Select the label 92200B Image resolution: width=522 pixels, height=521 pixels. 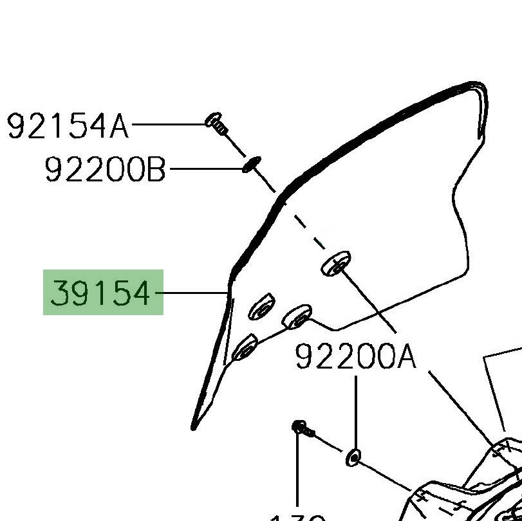click(106, 170)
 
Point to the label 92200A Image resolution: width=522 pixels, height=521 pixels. click(355, 356)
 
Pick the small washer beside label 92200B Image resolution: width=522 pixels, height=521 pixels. click(250, 165)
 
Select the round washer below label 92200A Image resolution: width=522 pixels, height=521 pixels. click(353, 457)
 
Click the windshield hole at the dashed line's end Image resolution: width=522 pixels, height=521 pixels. click(335, 263)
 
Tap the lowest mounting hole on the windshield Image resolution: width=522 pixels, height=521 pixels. click(245, 348)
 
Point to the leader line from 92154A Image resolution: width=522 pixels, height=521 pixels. click(167, 123)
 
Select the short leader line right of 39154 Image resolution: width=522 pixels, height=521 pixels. click(192, 293)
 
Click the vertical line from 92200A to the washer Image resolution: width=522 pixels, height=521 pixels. click(355, 412)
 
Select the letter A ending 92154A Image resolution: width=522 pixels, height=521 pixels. click(120, 126)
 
